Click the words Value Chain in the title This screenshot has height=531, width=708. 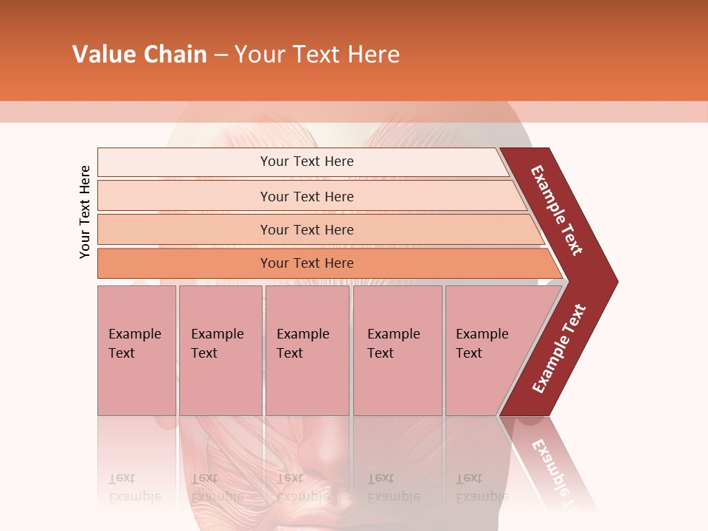139,55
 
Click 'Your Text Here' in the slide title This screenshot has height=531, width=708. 317,55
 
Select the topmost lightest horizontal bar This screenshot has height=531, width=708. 184,162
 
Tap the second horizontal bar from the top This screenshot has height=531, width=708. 184,196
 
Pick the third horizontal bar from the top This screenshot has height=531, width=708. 184,230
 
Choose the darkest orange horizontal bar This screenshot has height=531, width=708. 184,263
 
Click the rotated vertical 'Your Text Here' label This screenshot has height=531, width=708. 85,212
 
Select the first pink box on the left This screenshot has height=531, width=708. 136,383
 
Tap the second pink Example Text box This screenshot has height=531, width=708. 221,383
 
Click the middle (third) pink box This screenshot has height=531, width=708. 307,383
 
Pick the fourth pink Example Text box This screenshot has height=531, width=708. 398,383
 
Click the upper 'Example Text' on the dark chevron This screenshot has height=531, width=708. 557,210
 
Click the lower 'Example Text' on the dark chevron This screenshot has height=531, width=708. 558,348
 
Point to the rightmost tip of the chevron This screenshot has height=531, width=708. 617,281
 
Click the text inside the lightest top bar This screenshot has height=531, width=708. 307,162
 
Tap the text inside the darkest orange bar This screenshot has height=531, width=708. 307,263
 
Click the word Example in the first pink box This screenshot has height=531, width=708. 134,334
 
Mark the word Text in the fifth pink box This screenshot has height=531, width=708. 469,353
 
